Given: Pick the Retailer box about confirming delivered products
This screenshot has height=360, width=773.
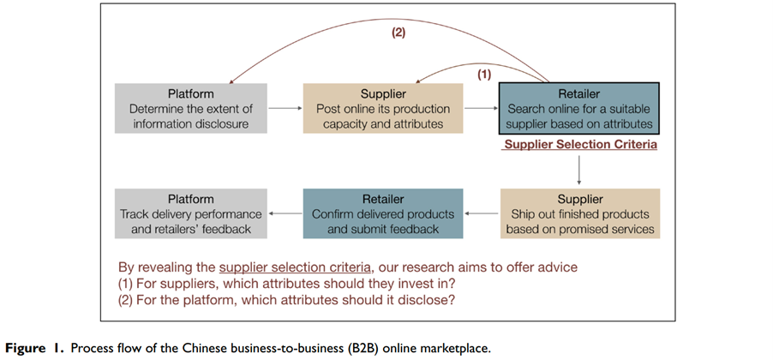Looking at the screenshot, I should click(382, 213).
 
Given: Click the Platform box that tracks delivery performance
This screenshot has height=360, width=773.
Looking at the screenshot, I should click(190, 213).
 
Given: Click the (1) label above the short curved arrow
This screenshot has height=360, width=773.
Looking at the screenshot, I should click(484, 75).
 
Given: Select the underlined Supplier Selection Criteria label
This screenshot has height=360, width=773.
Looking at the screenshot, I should click(580, 145).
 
